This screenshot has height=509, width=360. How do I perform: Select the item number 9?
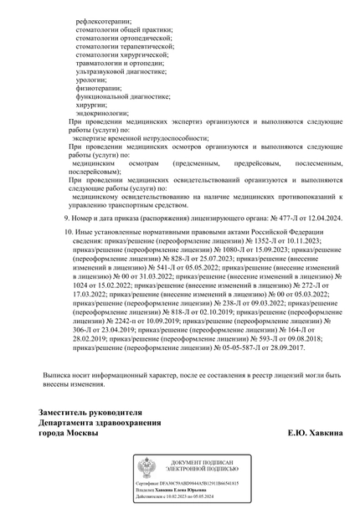(66, 217)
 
